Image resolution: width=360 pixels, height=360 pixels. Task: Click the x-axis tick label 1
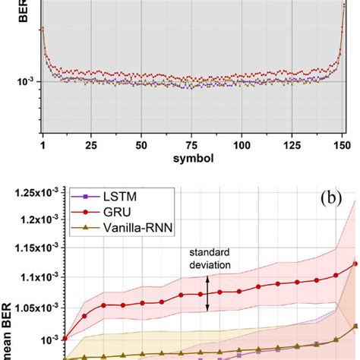click(x=43, y=144)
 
